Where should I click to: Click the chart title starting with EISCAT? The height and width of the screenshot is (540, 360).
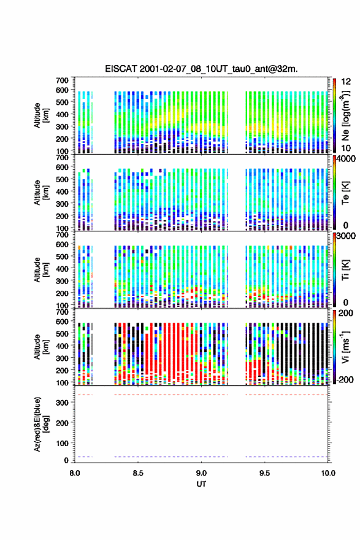click(x=201, y=69)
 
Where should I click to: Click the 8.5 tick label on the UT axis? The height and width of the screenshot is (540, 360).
click(x=138, y=473)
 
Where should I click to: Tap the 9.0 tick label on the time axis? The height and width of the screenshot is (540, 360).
click(x=201, y=473)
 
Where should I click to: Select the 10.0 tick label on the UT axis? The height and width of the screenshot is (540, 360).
click(x=328, y=473)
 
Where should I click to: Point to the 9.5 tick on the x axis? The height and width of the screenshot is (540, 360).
click(x=265, y=473)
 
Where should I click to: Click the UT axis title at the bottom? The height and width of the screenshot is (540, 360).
click(x=201, y=484)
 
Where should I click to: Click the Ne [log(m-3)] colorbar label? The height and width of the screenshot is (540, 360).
click(x=345, y=115)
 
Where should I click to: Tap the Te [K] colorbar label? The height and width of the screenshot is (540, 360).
click(x=345, y=193)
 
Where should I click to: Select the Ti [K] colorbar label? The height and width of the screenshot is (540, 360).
click(x=345, y=269)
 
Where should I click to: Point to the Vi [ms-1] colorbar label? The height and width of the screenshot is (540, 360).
click(x=345, y=347)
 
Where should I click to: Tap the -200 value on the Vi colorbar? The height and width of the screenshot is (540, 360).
click(x=345, y=379)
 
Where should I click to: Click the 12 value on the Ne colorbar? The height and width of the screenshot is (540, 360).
click(x=347, y=82)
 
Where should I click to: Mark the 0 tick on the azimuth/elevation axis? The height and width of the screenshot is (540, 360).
click(x=66, y=460)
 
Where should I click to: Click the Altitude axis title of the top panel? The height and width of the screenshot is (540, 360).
click(x=42, y=115)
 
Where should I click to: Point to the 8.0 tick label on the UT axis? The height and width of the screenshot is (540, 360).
click(x=75, y=473)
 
